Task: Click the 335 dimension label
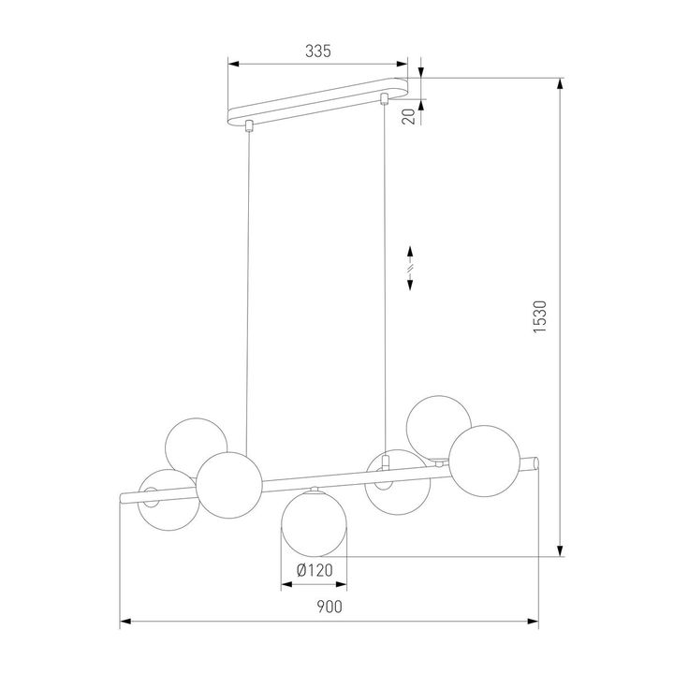pyautogui.click(x=319, y=51)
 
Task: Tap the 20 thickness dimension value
pyautogui.click(x=409, y=115)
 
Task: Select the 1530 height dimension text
pyautogui.click(x=540, y=317)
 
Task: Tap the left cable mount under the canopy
pyautogui.click(x=248, y=125)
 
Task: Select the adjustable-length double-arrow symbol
pyautogui.click(x=411, y=269)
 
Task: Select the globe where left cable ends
pyautogui.click(x=228, y=483)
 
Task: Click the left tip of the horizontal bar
pyautogui.click(x=123, y=497)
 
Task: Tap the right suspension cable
pyautogui.click(x=386, y=281)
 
